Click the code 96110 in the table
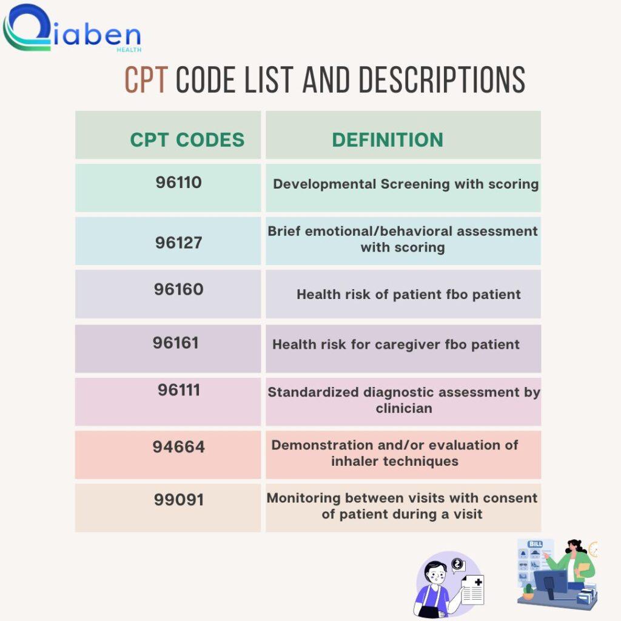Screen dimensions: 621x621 tap(179, 183)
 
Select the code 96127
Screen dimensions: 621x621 tap(179, 243)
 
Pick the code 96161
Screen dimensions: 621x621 tap(176, 343)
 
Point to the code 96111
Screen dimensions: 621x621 tap(179, 390)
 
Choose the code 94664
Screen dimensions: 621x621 tap(179, 447)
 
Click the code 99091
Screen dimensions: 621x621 tap(179, 500)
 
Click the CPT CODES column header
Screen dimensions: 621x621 tap(187, 140)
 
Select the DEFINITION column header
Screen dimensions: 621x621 tap(388, 140)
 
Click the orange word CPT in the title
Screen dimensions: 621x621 tap(146, 80)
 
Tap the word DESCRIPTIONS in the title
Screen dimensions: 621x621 tap(442, 80)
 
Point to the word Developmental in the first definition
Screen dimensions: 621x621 tap(324, 184)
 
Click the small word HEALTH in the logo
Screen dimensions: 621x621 tap(129, 50)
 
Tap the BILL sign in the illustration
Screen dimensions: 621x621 tap(535, 544)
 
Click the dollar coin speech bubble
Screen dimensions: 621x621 tap(458, 565)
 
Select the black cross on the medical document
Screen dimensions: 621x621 tap(478, 582)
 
